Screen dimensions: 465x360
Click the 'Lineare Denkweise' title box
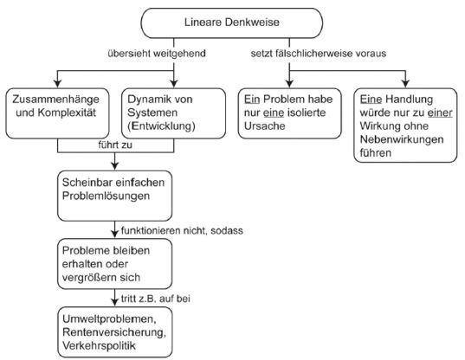tap(231, 23)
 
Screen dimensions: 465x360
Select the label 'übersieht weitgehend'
tap(157, 54)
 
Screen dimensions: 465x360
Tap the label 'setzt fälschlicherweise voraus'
tap(318, 54)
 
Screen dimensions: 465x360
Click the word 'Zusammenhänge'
tap(55, 100)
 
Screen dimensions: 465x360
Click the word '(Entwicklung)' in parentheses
tap(161, 126)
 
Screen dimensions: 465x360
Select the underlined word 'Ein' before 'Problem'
tap(252, 100)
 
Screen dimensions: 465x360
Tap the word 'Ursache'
tap(264, 126)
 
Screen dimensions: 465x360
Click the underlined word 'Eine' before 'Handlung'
tap(371, 100)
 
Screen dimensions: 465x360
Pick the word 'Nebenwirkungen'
tap(402, 139)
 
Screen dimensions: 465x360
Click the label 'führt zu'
tap(115, 145)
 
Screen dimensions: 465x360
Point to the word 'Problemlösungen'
tap(106, 196)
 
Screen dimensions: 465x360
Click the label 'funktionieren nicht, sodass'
tap(182, 230)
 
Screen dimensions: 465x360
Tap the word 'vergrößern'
tap(88, 277)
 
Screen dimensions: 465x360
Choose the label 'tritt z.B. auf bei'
tap(156, 299)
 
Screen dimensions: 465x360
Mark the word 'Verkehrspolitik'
tap(99, 345)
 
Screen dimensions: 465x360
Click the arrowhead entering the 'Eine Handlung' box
tap(405, 83)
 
